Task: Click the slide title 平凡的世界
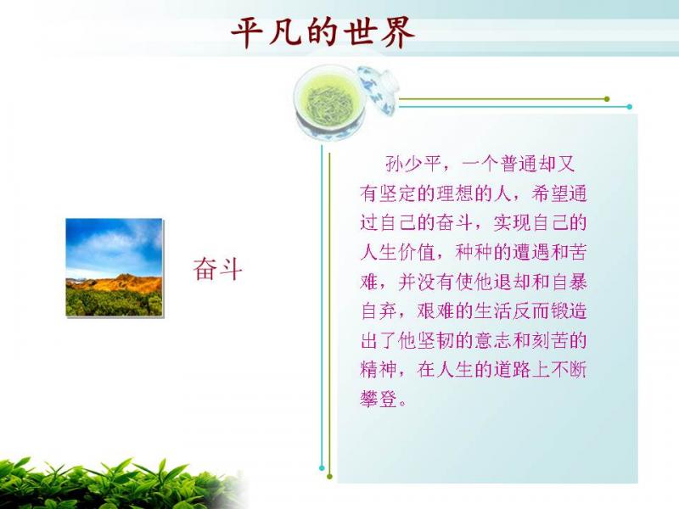coord(323,33)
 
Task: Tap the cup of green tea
coord(329,103)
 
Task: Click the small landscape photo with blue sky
coord(114,267)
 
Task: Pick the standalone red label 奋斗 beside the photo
coord(217,269)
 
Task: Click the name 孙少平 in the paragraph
coord(412,164)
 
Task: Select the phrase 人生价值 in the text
coord(397,252)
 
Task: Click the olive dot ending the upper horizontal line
coord(607,99)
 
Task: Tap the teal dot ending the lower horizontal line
coord(630,107)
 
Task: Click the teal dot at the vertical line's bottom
coord(322,468)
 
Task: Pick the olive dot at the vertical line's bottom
coord(329,477)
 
